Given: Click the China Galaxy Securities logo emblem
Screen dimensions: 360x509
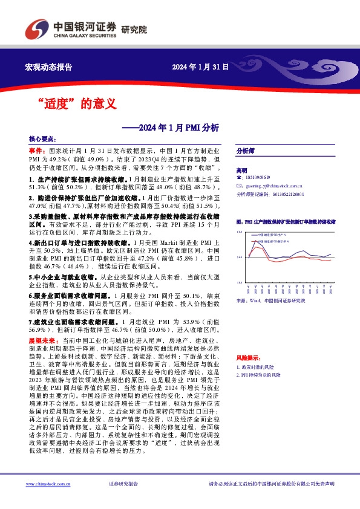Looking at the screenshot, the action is [35, 29].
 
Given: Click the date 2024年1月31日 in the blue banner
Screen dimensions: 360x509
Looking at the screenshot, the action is [200, 66].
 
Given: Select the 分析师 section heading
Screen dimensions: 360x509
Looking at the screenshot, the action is [245, 152].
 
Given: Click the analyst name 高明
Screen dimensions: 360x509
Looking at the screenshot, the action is [242, 171].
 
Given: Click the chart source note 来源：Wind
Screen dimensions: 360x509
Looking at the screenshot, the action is [270, 300].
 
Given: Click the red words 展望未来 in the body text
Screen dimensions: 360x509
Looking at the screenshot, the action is [40, 341].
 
